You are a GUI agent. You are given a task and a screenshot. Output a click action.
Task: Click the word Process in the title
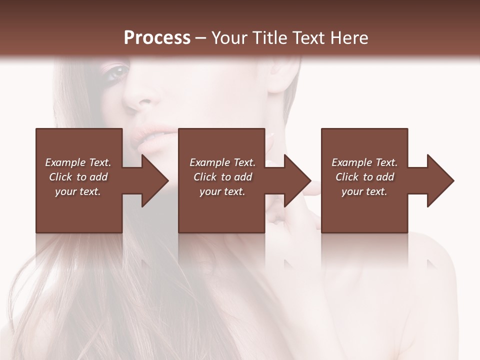(x=157, y=38)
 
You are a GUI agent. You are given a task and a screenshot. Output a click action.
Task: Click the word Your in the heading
(x=230, y=38)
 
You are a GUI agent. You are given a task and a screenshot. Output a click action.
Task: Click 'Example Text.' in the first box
(x=78, y=162)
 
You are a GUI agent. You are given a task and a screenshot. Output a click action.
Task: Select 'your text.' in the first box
(x=78, y=191)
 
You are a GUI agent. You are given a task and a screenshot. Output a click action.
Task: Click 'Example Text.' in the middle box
(x=222, y=162)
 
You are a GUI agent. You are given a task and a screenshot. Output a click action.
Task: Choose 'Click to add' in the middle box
(x=222, y=177)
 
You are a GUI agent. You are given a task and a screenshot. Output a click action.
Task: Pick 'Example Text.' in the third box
(x=364, y=162)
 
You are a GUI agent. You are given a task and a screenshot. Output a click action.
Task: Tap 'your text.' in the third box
(x=364, y=191)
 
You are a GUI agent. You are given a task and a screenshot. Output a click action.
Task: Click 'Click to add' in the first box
(x=78, y=177)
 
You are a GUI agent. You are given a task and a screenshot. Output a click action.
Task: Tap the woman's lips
(x=150, y=137)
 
